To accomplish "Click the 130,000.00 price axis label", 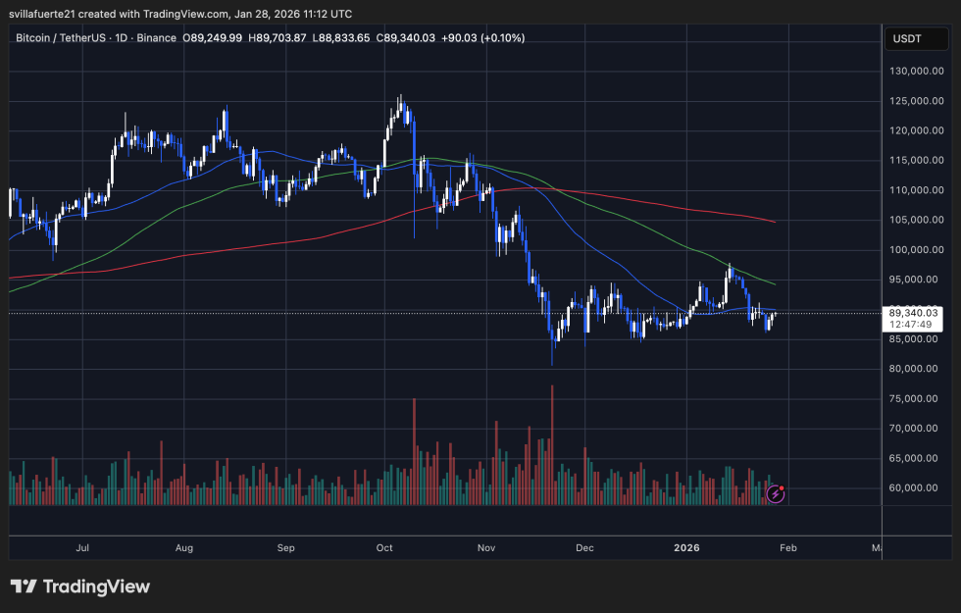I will coord(916,71).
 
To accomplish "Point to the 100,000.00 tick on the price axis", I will coord(916,250).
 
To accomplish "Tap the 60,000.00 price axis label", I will coord(916,487).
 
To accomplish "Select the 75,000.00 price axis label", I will coord(916,398).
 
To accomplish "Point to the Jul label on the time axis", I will coord(82,549).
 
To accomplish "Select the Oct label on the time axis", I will coord(384,549).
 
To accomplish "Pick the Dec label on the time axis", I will coord(585,549).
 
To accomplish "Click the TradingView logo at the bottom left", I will coord(80,587).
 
